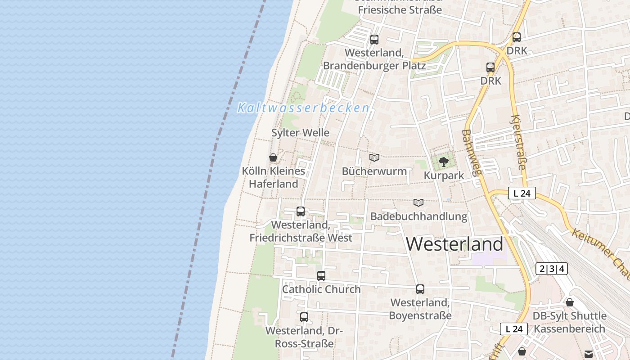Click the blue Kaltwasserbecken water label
tap(303, 108)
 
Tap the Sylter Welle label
tap(300, 133)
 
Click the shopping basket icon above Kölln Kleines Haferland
tap(273, 157)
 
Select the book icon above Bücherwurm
tap(374, 157)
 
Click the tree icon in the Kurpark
tap(444, 162)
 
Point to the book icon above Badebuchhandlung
tap(418, 202)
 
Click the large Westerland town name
tap(454, 244)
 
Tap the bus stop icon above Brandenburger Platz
tap(374, 40)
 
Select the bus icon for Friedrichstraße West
tap(301, 211)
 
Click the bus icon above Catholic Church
tap(321, 276)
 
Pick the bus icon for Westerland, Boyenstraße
tap(420, 289)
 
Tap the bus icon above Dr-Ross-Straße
tap(304, 317)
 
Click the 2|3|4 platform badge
tap(552, 269)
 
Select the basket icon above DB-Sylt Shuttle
tap(570, 302)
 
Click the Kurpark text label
tap(444, 175)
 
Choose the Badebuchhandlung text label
tap(418, 216)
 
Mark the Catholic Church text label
tap(321, 289)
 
